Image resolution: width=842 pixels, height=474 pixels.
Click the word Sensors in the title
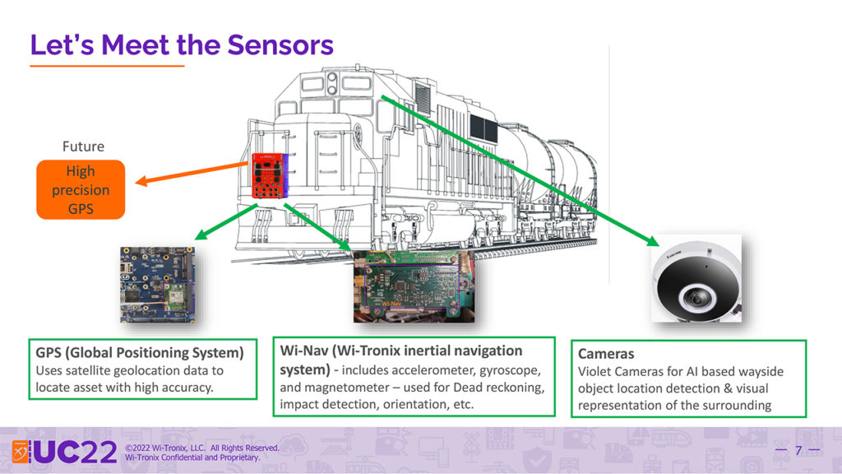coord(280,44)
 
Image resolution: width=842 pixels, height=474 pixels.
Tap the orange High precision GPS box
coord(81,190)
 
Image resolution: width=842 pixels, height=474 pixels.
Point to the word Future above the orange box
coord(83,146)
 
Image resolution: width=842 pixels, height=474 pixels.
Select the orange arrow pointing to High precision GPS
coord(192,173)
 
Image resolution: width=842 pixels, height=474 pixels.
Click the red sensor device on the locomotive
coord(270,176)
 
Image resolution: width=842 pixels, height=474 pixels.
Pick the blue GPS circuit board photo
coord(157,285)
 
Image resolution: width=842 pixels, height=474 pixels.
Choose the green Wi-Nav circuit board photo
coord(414,286)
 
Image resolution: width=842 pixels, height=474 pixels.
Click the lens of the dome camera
coord(696,296)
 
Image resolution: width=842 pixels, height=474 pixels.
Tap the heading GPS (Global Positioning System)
coord(140,352)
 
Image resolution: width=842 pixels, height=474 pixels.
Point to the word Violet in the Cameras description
coord(594,371)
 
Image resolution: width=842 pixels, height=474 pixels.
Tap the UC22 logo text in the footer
coord(75,452)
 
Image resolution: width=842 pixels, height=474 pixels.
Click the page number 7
coord(798,450)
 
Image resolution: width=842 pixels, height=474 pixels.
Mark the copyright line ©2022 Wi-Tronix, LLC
coord(164,448)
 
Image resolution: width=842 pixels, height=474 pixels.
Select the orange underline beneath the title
coord(108,66)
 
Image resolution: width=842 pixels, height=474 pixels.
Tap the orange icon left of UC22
coord(21,452)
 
